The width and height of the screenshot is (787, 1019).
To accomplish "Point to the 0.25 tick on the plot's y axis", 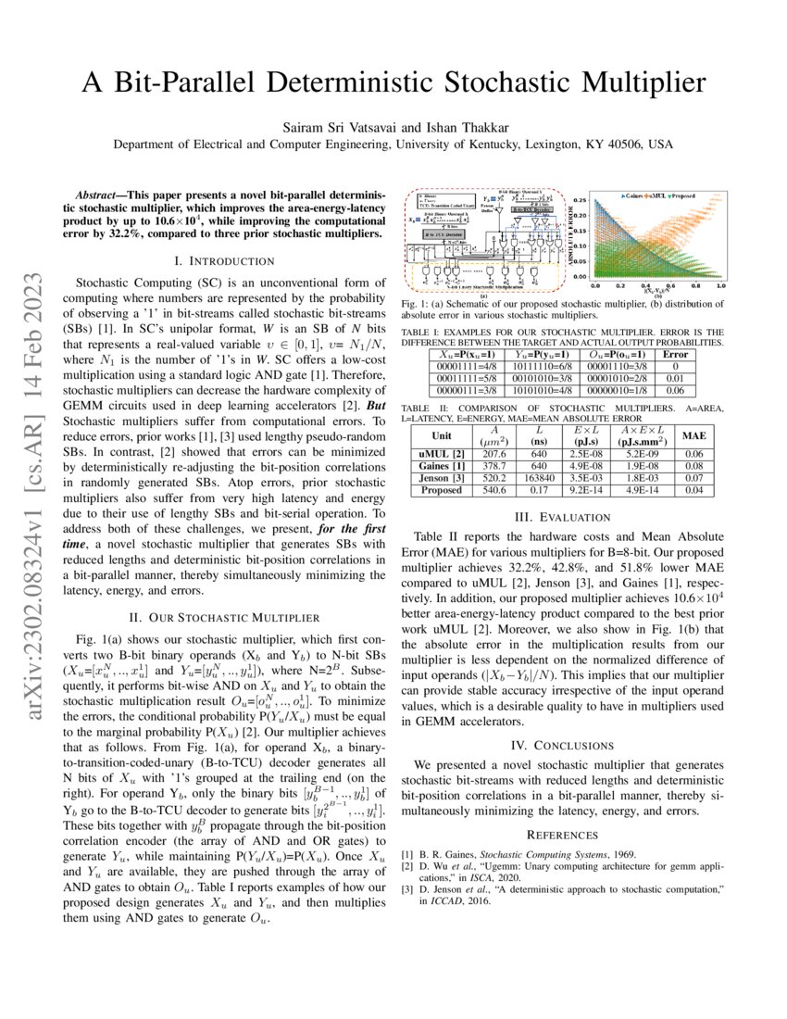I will click(x=578, y=200).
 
